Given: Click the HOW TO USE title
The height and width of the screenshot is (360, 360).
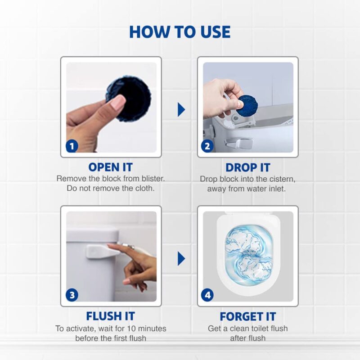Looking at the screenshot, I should point(180,32).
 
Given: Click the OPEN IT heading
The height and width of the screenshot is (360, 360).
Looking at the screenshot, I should point(111,167).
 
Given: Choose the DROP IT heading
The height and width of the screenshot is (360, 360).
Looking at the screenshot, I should point(248,167).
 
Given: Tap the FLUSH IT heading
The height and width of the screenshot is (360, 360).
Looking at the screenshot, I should point(111,316).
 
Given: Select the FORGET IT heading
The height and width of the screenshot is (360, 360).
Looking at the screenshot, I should point(248,316).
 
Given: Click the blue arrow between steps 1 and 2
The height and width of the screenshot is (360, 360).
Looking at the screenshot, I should point(181,109).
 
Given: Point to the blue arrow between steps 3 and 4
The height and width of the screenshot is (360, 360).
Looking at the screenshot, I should point(181,258).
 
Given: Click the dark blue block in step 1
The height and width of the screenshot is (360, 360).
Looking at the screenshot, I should point(130,94).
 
